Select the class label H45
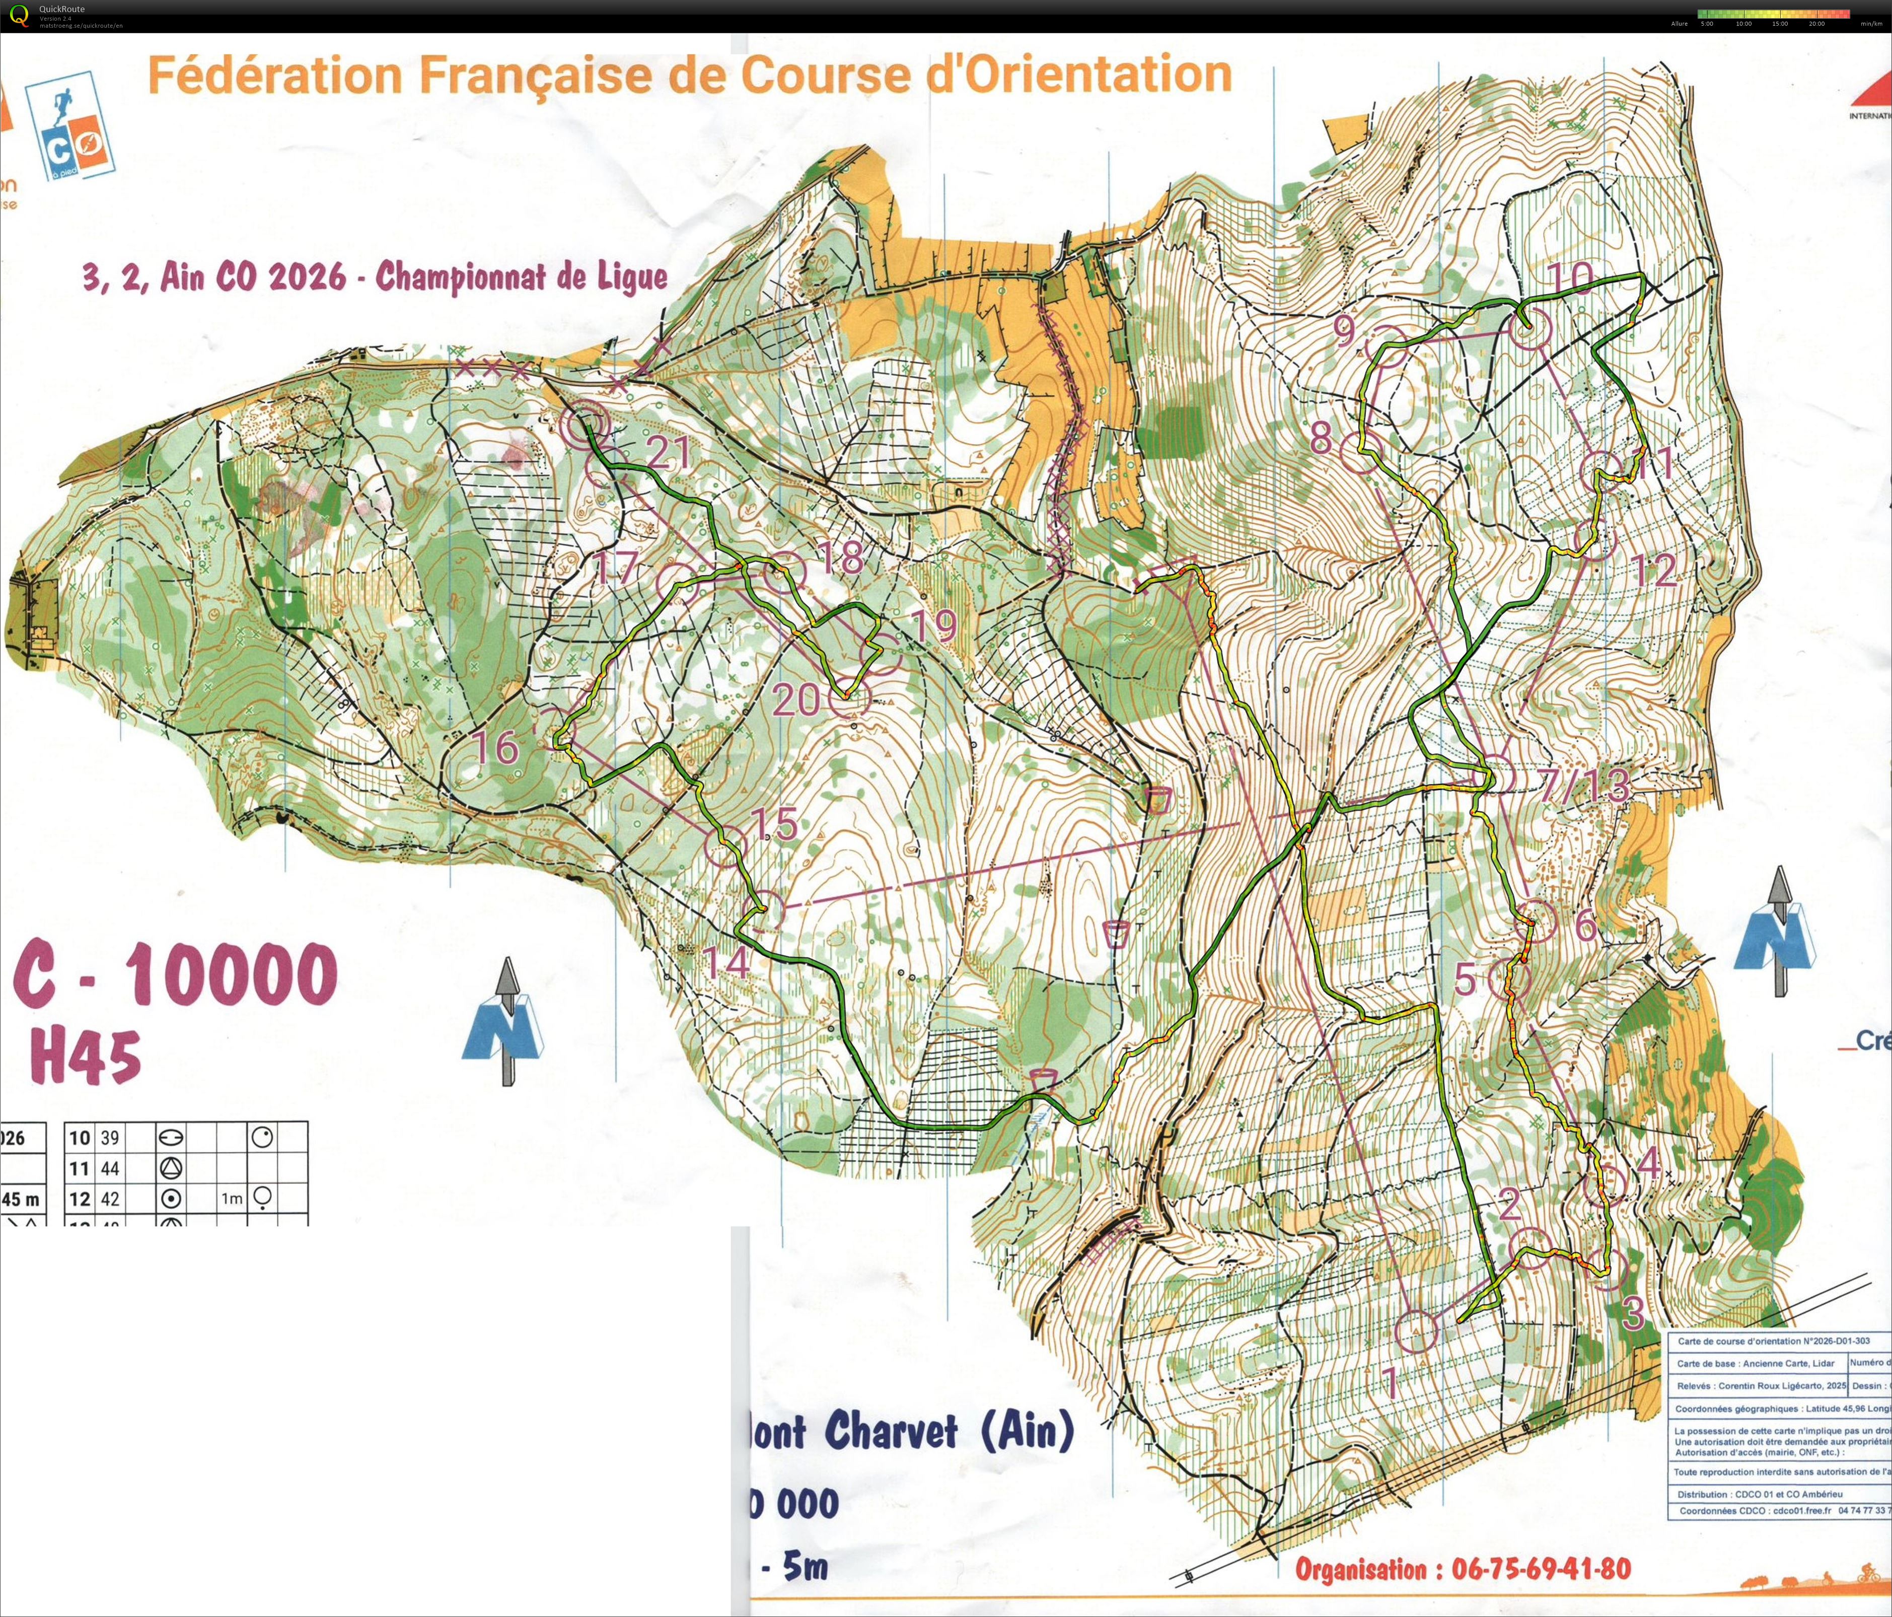(86, 1057)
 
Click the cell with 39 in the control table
(110, 1138)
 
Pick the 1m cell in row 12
(231, 1198)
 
